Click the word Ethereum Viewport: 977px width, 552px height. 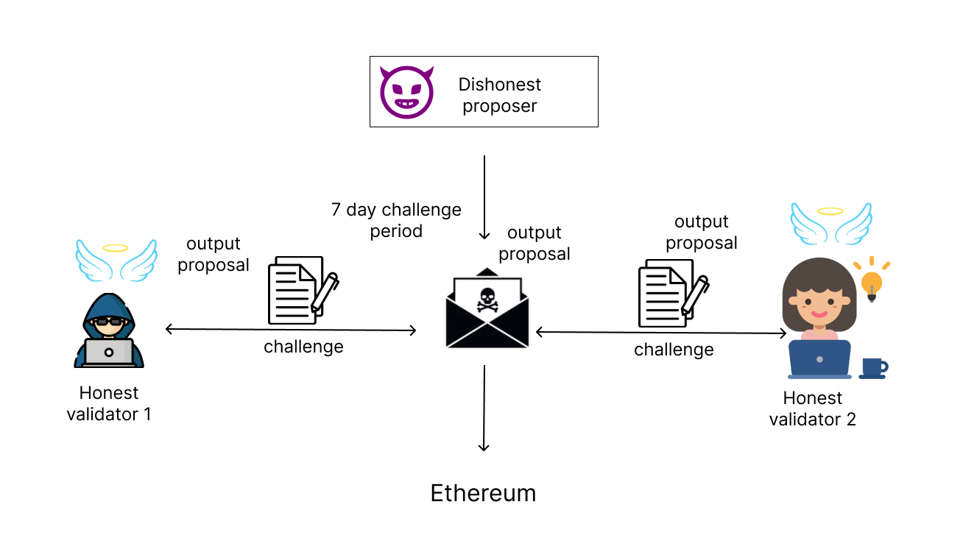[x=483, y=493]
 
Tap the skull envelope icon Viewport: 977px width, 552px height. [x=487, y=312]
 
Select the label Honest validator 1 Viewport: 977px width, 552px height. [x=109, y=404]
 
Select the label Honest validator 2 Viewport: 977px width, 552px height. [x=813, y=408]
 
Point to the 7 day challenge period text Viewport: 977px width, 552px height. [x=396, y=220]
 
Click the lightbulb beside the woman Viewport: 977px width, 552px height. [x=872, y=281]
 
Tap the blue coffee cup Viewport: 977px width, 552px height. [x=872, y=367]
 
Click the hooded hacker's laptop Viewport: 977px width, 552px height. [x=108, y=352]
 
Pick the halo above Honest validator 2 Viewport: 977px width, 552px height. [x=830, y=212]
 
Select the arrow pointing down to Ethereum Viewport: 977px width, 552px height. [x=484, y=408]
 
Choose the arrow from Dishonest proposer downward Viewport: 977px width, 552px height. [x=484, y=197]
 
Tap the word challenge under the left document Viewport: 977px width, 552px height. [x=303, y=346]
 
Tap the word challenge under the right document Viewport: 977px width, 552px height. [x=674, y=350]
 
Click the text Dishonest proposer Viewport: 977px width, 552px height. [x=500, y=95]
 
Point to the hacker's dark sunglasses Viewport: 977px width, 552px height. [x=109, y=321]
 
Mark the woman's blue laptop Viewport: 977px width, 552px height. [x=819, y=359]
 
